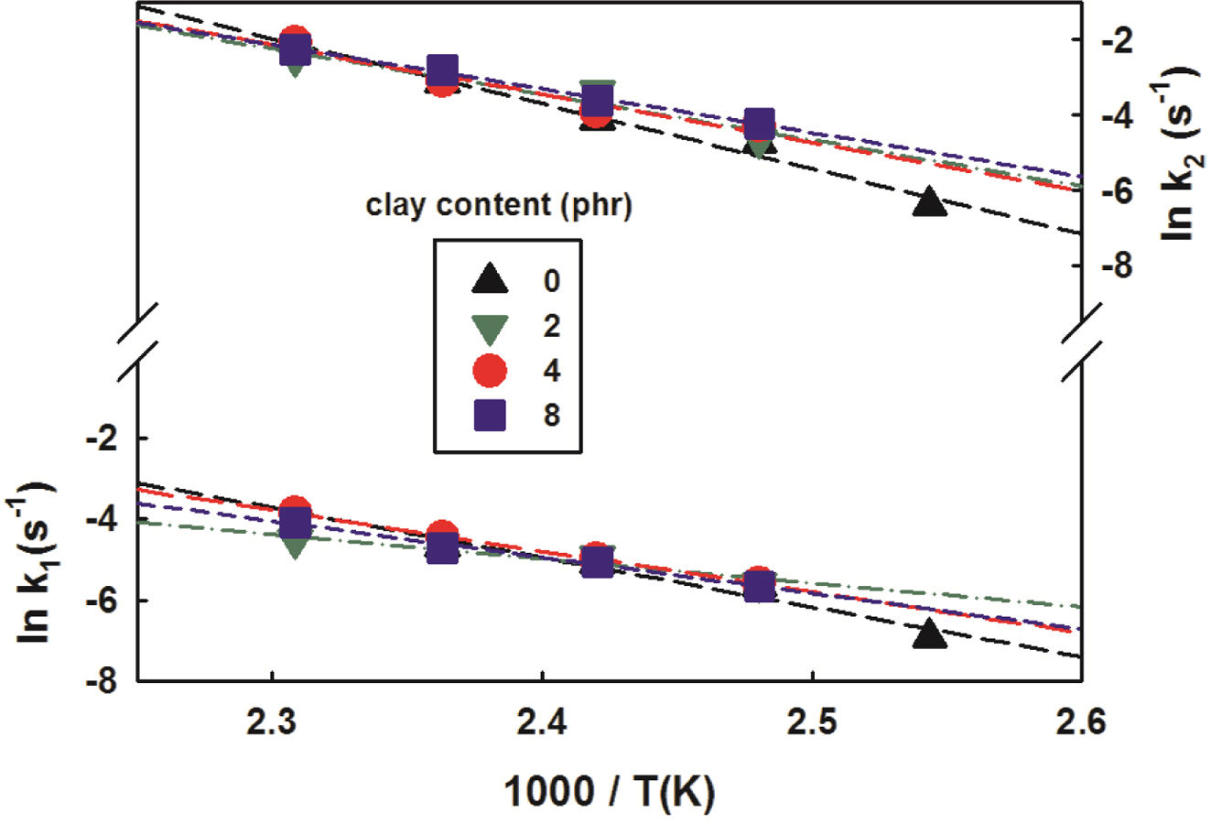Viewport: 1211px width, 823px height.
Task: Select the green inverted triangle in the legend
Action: click(x=491, y=327)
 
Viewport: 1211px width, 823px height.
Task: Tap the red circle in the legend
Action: click(x=491, y=371)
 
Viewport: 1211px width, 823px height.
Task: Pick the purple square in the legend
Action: click(x=491, y=416)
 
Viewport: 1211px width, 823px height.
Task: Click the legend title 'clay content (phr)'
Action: click(x=499, y=206)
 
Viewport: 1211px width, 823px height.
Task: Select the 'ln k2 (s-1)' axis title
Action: click(x=1181, y=152)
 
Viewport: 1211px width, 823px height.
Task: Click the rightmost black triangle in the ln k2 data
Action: click(x=929, y=201)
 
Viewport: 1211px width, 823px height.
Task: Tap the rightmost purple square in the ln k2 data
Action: click(x=759, y=123)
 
